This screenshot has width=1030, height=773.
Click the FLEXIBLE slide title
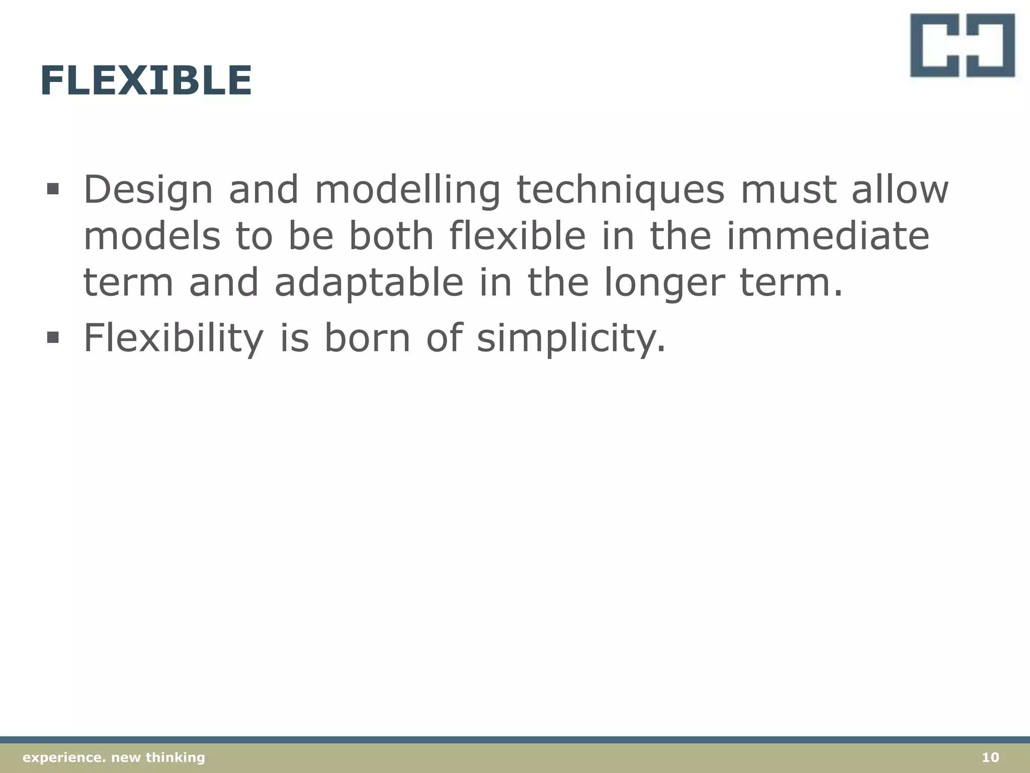pos(146,81)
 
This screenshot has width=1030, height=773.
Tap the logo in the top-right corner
pos(962,45)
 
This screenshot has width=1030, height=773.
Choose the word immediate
pos(828,236)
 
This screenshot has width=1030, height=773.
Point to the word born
pos(367,337)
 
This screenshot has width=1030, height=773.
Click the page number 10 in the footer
pos(990,757)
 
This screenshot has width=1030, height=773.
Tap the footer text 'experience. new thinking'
pos(114,757)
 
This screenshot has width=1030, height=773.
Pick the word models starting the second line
pos(151,236)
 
